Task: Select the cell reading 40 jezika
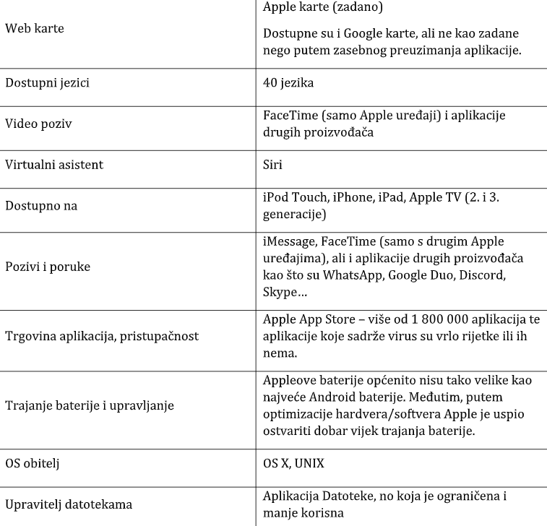click(288, 83)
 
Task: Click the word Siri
click(273, 165)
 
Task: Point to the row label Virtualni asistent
click(54, 165)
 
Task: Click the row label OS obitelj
click(32, 463)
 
